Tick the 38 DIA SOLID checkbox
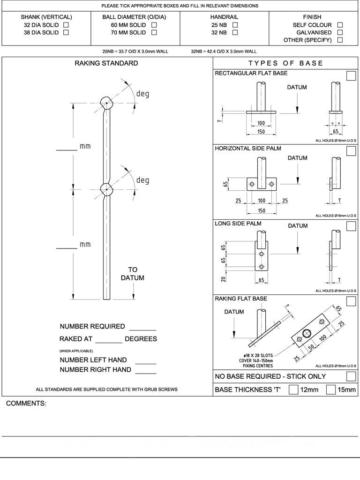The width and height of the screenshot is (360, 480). tap(66, 32)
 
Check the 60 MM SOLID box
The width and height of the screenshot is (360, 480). tap(154, 25)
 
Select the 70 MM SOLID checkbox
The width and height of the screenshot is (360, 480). tap(154, 32)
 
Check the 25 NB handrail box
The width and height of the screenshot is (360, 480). tap(235, 25)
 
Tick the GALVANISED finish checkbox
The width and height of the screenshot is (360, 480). tap(340, 32)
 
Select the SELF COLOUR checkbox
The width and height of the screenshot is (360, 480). tap(340, 25)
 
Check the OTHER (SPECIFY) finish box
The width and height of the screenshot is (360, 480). tap(340, 40)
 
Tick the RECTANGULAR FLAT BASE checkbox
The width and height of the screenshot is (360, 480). tap(351, 76)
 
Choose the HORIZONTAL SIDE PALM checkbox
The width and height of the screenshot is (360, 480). tap(351, 151)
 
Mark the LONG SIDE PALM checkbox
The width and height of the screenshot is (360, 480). tap(351, 226)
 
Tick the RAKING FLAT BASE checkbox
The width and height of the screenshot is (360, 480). tap(351, 301)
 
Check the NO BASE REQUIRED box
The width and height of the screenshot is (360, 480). tap(351, 376)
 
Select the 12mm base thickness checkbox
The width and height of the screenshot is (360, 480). tap(293, 389)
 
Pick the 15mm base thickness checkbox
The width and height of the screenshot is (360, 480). tap(330, 389)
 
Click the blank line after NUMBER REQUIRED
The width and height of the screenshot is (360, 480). tap(142, 329)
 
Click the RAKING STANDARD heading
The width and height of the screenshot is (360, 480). tap(106, 63)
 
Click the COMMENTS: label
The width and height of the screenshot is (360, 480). tap(26, 404)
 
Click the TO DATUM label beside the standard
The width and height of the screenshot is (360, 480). tap(133, 274)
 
